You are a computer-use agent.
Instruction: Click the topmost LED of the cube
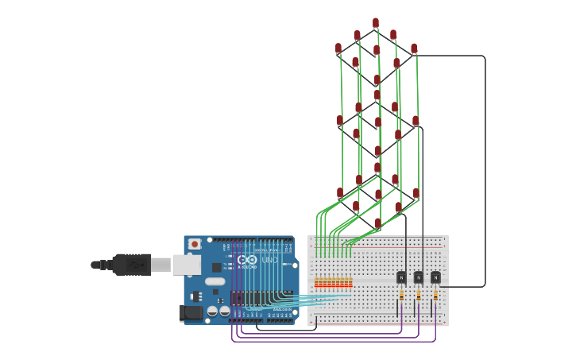coord(376,23)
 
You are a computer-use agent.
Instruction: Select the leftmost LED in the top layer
coord(338,48)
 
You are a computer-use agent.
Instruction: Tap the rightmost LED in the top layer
coord(414,49)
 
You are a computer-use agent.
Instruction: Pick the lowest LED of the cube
coord(378,223)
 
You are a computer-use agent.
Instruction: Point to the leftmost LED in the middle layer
coord(340,121)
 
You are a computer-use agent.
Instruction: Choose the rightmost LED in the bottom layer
coord(416,193)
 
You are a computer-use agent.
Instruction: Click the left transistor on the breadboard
coord(401,277)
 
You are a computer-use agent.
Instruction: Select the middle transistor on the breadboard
coord(418,277)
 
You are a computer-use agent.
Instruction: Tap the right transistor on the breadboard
coord(435,277)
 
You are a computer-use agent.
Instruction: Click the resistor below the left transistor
coord(401,295)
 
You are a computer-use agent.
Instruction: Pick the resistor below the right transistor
coord(435,295)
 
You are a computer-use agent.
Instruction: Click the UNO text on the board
coord(269,260)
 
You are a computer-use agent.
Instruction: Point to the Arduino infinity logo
coord(247,260)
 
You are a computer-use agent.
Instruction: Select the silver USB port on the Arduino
coord(187,265)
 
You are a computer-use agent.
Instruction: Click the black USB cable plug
coord(131,265)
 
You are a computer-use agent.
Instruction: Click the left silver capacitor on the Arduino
coord(213,311)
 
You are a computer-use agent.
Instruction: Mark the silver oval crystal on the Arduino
coord(215,281)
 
